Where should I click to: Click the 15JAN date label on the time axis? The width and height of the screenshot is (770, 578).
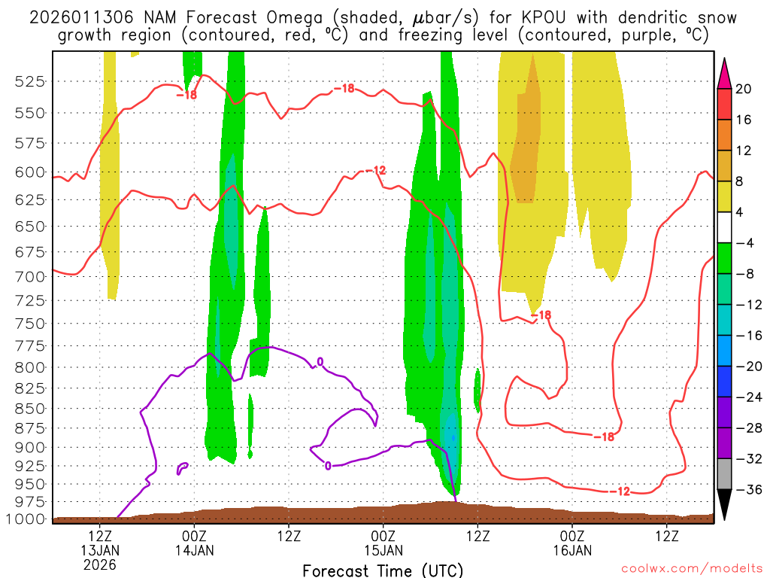coord(383,550)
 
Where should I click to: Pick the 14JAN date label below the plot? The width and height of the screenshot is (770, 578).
coord(195,550)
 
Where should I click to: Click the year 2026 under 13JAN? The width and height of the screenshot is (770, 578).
coord(100,564)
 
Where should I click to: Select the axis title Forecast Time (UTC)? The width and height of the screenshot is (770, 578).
coord(383,570)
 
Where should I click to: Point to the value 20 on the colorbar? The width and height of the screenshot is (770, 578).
coord(744,89)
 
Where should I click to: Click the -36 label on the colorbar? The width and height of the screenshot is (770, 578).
coord(747,490)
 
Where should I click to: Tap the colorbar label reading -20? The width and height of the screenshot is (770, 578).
coord(747,367)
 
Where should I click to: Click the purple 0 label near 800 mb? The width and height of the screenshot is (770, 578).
coord(320,362)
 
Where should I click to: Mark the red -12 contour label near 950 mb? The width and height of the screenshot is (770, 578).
coord(619,491)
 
